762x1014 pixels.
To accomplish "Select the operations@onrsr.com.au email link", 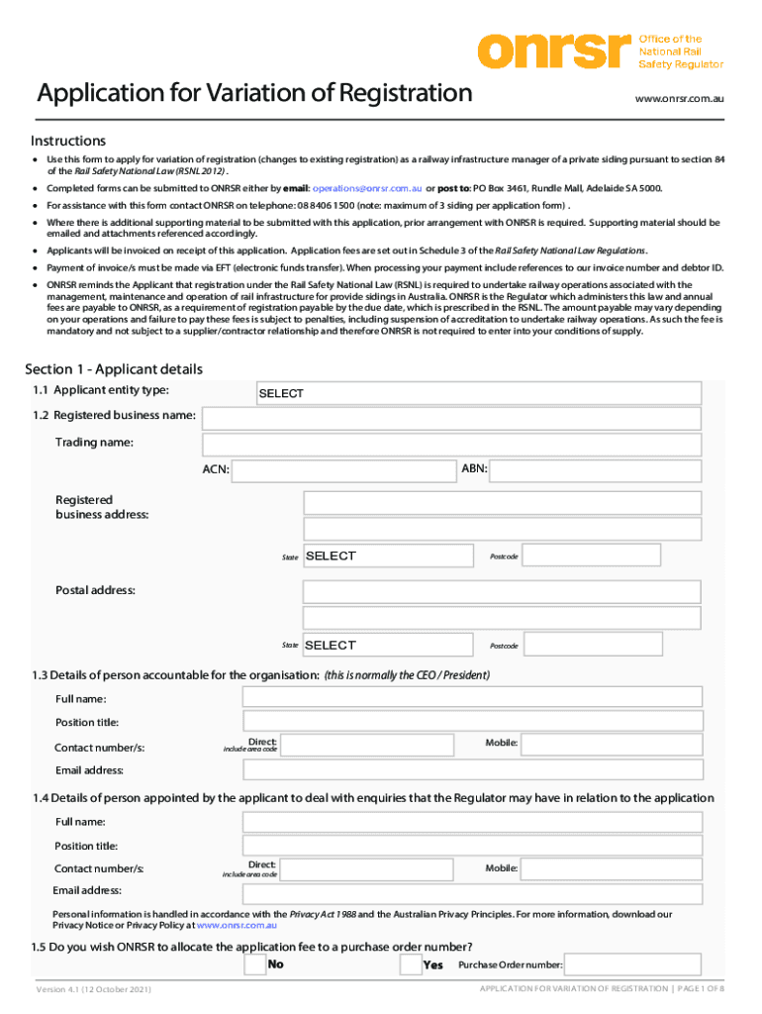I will tap(368, 188).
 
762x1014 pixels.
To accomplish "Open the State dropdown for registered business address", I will tap(389, 557).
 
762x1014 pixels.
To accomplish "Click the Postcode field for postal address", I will tap(591, 646).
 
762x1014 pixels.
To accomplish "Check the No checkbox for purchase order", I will tap(254, 964).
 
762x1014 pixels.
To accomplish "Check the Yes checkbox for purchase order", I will tap(411, 964).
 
